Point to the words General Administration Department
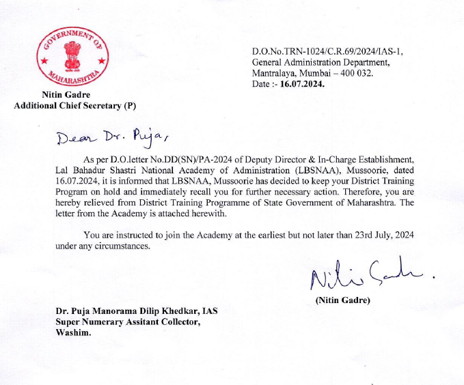tap(320, 63)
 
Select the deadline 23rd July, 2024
tap(380, 235)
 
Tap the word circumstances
tap(123, 246)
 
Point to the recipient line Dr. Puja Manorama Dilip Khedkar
tap(137, 311)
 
